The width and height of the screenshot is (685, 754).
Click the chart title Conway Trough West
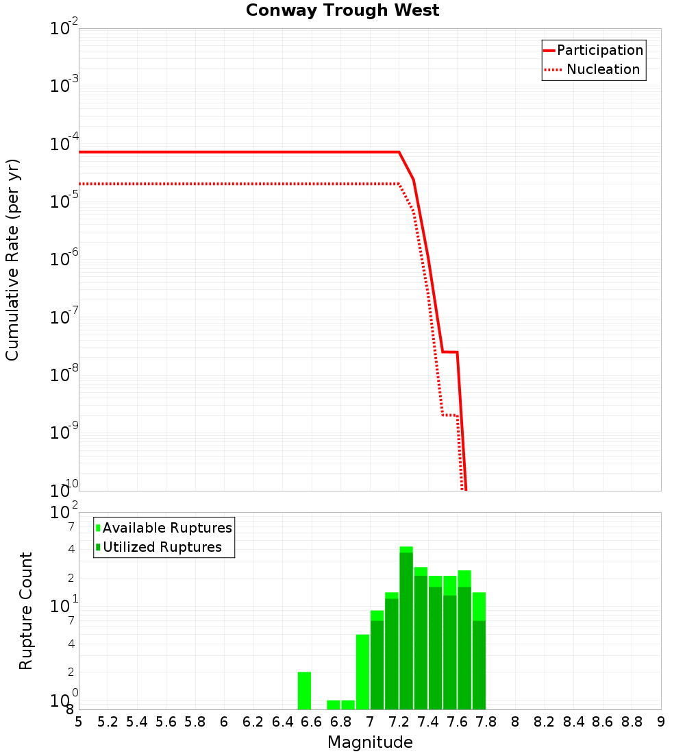pos(342,10)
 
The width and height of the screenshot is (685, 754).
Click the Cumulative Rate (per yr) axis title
pos(12,259)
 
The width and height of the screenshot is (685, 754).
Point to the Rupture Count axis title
pos(26,611)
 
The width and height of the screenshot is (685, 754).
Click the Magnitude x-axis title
pos(370,742)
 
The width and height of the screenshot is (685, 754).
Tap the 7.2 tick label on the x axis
pos(399,722)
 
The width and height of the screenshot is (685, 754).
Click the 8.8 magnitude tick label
pos(632,722)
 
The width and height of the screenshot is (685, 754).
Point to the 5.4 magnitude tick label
pos(137,722)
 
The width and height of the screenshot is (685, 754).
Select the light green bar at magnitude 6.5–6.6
pos(304,690)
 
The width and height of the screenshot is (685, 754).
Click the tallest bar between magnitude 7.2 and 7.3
pos(406,631)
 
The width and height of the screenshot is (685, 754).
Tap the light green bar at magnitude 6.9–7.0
pos(362,672)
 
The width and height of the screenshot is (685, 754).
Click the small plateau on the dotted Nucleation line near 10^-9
pos(449,415)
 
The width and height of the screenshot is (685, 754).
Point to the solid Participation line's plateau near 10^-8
pos(449,352)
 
